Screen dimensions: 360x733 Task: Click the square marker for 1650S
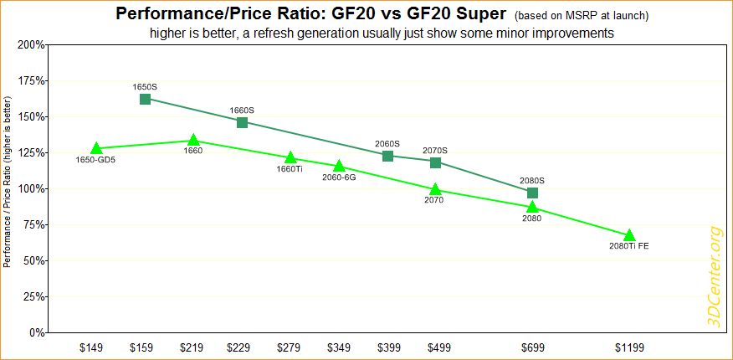(145, 99)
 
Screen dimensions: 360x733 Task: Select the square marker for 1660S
(242, 122)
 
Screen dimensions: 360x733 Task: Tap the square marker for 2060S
(387, 156)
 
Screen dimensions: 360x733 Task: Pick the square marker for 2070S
(435, 162)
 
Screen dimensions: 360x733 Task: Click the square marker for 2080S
(532, 193)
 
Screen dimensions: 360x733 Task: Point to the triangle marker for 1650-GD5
(96, 149)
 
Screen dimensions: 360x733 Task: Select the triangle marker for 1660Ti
(290, 157)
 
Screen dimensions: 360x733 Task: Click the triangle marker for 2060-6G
(339, 167)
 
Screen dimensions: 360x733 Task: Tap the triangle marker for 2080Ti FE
(629, 235)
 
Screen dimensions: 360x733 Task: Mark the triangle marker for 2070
(435, 190)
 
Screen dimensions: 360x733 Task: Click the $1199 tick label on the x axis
(629, 347)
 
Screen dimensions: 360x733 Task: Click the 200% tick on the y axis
(32, 44)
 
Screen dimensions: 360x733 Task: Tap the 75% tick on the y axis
(34, 224)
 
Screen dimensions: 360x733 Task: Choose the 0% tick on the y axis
(38, 332)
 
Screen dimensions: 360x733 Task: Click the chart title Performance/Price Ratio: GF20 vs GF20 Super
(310, 14)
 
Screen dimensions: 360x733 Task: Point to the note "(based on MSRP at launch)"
(582, 16)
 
